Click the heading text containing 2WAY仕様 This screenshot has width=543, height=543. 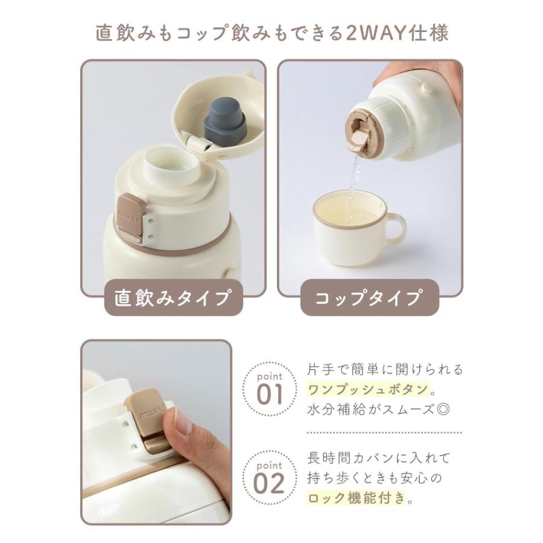271,33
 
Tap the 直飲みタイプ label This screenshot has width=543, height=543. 173,298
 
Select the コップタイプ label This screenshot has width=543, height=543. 369,298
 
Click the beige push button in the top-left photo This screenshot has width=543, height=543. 130,216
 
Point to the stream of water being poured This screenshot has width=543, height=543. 354,175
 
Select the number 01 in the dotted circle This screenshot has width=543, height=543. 269,394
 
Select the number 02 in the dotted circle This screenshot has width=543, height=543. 269,483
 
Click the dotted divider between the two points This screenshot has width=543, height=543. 384,433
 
